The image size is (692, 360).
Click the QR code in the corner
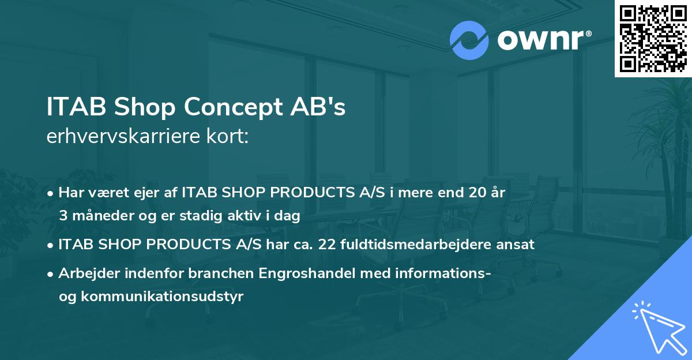653,39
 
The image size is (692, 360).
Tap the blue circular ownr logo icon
469,40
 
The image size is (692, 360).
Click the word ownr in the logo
539,40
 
